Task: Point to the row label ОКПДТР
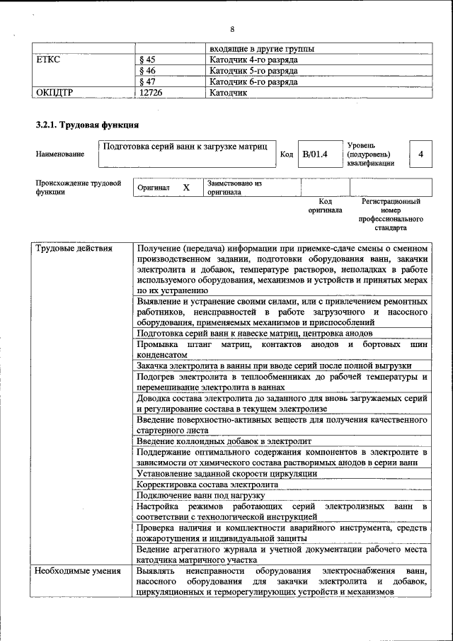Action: pos(55,92)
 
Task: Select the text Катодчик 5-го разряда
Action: pos(253,71)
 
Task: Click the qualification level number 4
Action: pos(421,154)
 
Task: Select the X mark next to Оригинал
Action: pos(186,188)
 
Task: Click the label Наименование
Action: pos(59,154)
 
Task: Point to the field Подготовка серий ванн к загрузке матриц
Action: pos(185,147)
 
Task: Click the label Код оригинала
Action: pos(325,205)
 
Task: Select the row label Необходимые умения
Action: pos(78,570)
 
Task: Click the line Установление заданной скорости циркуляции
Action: pos(226,473)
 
